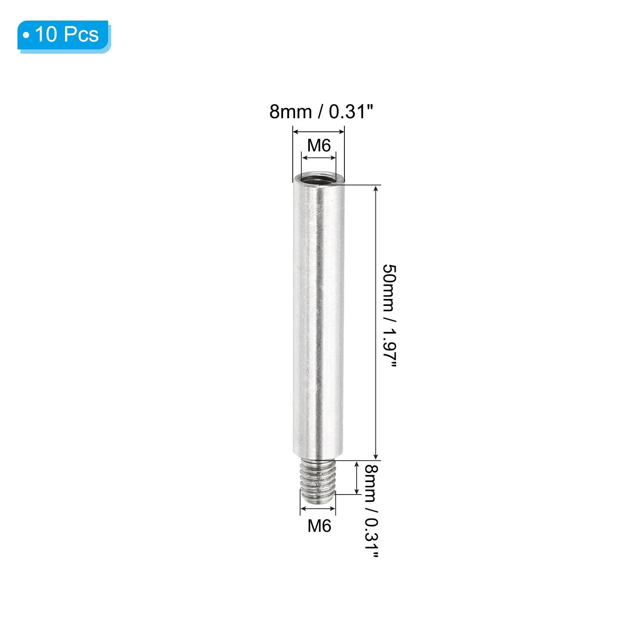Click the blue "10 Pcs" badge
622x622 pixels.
[x=64, y=36]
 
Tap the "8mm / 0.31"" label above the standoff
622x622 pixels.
[x=321, y=112]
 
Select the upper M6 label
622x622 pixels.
[x=319, y=145]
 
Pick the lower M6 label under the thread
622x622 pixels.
[x=319, y=526]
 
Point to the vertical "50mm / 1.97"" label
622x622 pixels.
[x=389, y=315]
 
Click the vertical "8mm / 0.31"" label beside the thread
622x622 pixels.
[x=371, y=511]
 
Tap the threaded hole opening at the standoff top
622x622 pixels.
[x=318, y=179]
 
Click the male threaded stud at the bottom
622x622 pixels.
[x=318, y=482]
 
